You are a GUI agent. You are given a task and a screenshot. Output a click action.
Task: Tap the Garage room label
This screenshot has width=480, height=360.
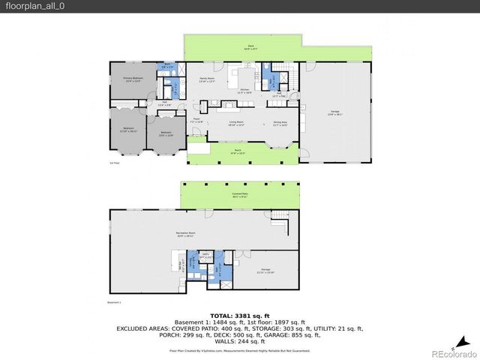tap(334, 114)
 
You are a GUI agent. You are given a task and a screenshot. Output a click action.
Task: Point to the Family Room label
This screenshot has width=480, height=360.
tap(207, 79)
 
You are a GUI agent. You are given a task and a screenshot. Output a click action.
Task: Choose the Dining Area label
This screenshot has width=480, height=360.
tap(280, 124)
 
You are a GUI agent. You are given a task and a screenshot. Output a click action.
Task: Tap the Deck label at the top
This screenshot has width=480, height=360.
tap(250, 47)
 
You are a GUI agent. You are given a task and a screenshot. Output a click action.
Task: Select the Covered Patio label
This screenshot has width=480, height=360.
tap(240, 194)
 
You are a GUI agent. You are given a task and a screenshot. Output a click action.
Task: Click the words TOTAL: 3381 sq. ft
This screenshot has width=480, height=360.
tap(239, 316)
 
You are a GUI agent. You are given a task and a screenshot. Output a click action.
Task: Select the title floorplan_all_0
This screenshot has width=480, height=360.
tap(30, 6)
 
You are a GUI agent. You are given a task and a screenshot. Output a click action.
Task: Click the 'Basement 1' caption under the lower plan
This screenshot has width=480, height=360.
tap(115, 302)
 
